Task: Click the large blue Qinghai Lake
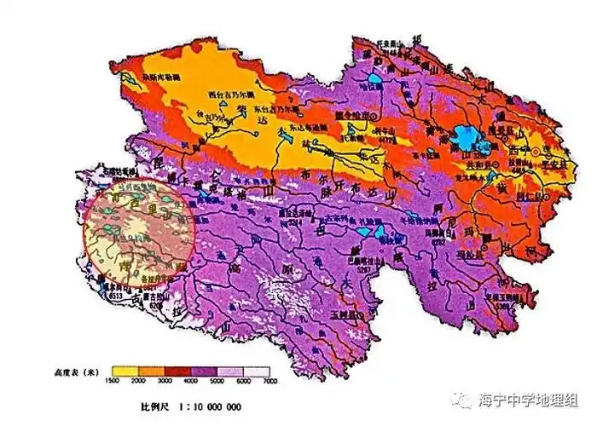click(x=467, y=135)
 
